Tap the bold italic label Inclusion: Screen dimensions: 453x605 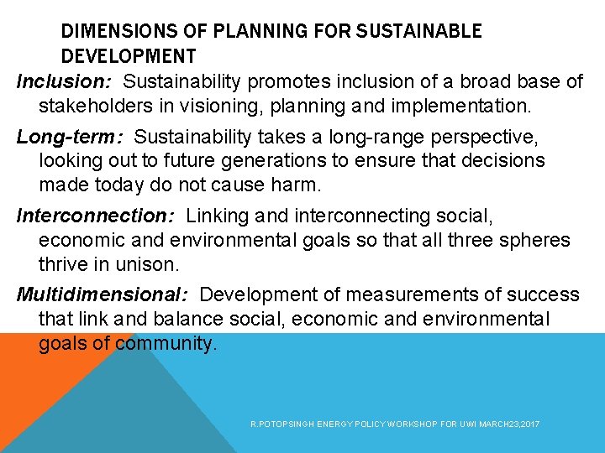(x=65, y=81)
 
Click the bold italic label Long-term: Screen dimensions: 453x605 (x=69, y=136)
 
